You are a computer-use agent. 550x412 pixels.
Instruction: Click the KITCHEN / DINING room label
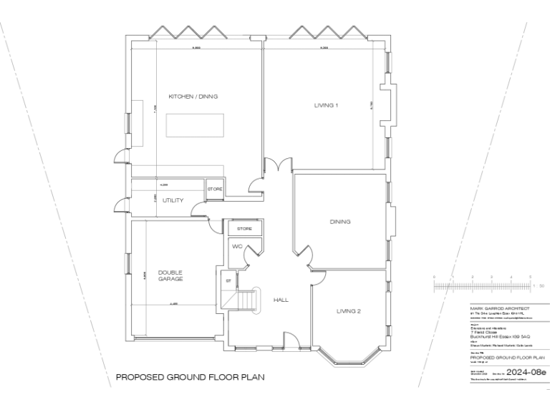pos(193,97)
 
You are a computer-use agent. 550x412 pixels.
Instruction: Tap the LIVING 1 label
pos(326,105)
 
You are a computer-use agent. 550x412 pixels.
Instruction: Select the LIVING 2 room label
pos(348,311)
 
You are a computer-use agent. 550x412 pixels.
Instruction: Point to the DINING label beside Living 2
pos(340,222)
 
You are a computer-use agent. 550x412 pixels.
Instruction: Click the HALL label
pos(281,300)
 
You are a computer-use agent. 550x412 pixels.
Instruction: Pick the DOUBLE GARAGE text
pos(170,275)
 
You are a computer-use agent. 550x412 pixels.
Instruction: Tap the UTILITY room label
pos(173,201)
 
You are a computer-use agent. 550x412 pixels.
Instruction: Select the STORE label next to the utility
pos(215,190)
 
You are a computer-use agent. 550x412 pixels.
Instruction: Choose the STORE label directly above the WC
pos(245,229)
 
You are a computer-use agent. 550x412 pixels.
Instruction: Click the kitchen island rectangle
pos(194,125)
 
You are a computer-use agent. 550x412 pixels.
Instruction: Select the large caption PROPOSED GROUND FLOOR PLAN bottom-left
pos(180,377)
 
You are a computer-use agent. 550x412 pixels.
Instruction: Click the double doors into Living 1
pos(279,165)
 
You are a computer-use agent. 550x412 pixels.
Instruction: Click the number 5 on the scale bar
pos(530,276)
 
